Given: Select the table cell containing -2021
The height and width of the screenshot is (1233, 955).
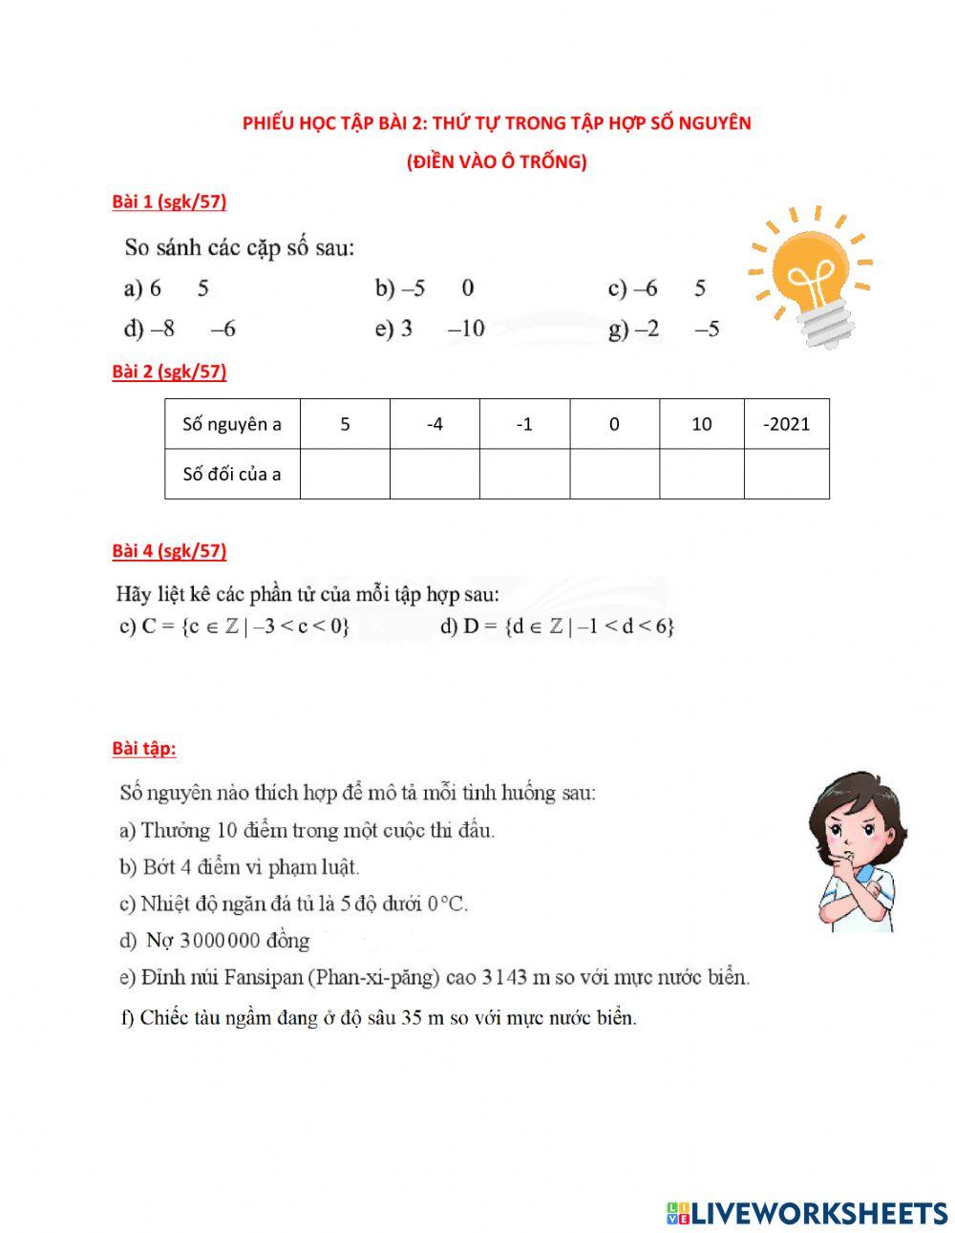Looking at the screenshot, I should click(786, 424).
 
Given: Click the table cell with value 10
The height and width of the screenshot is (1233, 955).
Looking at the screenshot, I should click(701, 424).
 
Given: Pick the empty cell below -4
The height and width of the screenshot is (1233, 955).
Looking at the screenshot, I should click(435, 474).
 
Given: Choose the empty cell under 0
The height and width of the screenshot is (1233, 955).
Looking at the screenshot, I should click(614, 474).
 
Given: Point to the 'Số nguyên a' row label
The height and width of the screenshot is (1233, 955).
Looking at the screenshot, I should click(232, 424).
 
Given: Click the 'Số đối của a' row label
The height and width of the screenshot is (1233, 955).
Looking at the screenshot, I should click(232, 474).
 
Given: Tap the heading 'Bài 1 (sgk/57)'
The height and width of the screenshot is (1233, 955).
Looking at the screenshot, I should click(169, 202).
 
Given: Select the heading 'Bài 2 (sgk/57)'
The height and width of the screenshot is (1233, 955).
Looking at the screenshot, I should click(169, 372).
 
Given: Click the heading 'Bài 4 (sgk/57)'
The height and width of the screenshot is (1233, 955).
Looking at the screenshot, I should click(169, 550).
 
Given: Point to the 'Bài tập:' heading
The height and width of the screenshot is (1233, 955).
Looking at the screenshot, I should click(144, 748).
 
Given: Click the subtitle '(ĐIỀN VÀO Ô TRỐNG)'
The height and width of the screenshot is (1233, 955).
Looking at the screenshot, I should click(497, 161).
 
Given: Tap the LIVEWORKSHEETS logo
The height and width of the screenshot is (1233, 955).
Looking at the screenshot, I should click(807, 1213).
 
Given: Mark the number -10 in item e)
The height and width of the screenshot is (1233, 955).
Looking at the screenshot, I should click(467, 329).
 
